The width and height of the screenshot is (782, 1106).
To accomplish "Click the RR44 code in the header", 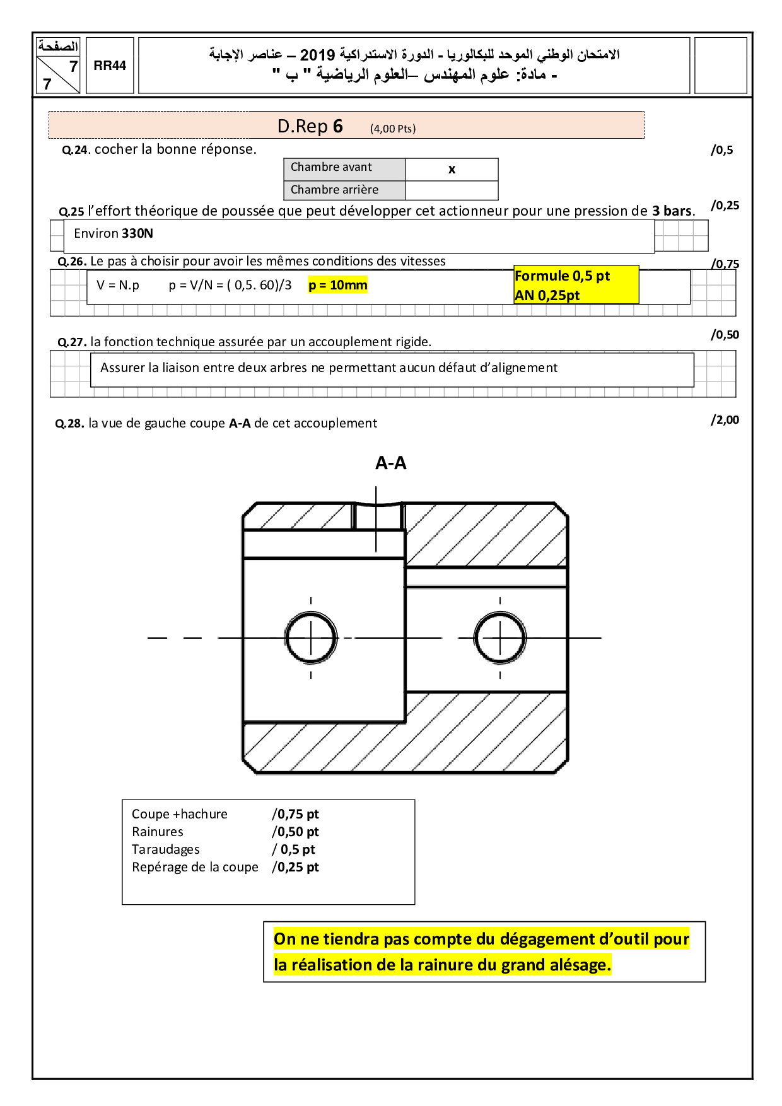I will pos(110,66).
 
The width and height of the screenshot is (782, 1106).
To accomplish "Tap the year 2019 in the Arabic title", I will pos(317,55).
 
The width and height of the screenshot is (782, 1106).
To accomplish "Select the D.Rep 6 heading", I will pos(310,126).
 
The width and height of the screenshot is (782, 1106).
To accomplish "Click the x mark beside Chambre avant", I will pos(452,169).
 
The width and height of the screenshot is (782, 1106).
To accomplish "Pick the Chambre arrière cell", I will pos(334,190).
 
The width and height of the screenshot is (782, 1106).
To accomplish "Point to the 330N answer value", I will pos(137,233).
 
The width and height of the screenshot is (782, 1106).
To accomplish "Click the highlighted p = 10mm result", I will pos(337,285).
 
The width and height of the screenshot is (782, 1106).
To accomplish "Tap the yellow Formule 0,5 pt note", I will pos(562,276).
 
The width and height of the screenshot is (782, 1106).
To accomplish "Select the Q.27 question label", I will pos(72,342).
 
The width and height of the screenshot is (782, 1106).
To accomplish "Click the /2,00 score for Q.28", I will pos(725,420).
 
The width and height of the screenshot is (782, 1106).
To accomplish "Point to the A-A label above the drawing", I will pos(391,463).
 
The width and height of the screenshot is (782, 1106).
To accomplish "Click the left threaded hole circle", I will pos(311,637).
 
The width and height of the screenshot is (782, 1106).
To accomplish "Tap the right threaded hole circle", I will pos(500,637).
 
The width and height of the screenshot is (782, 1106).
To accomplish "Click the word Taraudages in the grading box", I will pos(166,849).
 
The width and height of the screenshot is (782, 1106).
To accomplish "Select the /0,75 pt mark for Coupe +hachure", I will pos(295,814).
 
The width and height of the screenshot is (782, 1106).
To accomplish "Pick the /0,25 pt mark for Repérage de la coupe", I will pos(295,867).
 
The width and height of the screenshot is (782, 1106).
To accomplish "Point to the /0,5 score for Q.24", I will pos(722,150).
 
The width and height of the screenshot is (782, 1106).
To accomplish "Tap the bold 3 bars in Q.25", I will pos(672,211).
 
